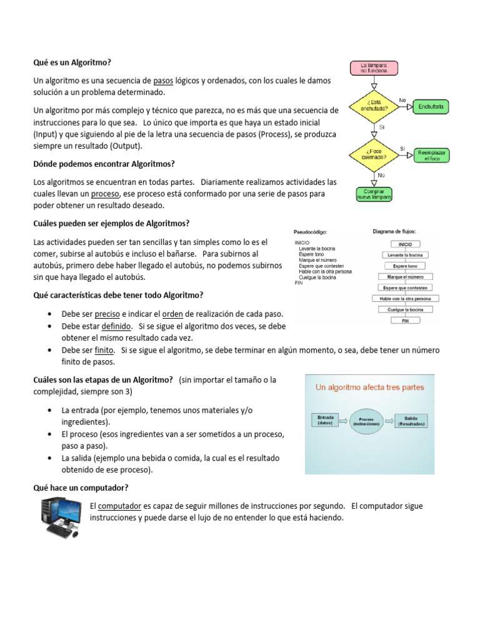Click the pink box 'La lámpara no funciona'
374,67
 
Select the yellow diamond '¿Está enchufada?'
374,106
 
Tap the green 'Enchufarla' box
431,107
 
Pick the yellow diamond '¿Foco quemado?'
374,154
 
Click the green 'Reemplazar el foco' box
431,154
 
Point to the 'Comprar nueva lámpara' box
374,194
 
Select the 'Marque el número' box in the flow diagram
405,276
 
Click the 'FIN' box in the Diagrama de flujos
405,321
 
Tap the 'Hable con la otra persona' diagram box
405,299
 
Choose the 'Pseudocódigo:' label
311,232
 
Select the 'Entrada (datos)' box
326,419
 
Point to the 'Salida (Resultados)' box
412,420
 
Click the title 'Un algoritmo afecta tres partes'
370,387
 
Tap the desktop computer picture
61,517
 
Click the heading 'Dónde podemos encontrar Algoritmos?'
104,164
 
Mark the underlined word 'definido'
117,326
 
